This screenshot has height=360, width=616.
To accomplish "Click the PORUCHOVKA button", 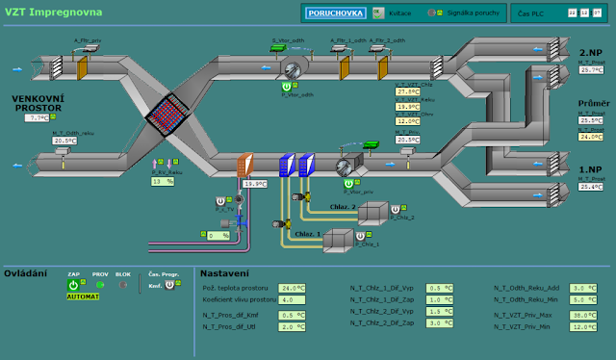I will tap(334, 13).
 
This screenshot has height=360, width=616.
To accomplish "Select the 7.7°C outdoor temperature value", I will tap(37, 117).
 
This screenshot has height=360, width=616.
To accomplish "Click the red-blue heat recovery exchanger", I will tap(171, 116).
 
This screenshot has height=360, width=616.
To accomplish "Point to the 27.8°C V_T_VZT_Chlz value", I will tap(408, 92).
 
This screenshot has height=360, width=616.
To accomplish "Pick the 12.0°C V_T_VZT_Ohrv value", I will tap(408, 121).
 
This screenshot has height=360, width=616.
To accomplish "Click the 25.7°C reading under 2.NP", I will tap(590, 70).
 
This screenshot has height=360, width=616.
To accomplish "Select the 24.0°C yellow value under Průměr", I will tap(590, 136).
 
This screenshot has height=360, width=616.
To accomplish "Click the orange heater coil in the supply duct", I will tap(245, 165).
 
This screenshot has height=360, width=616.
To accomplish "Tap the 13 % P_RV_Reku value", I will tap(162, 180).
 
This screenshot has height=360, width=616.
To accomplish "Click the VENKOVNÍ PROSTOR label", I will tap(36, 102).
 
